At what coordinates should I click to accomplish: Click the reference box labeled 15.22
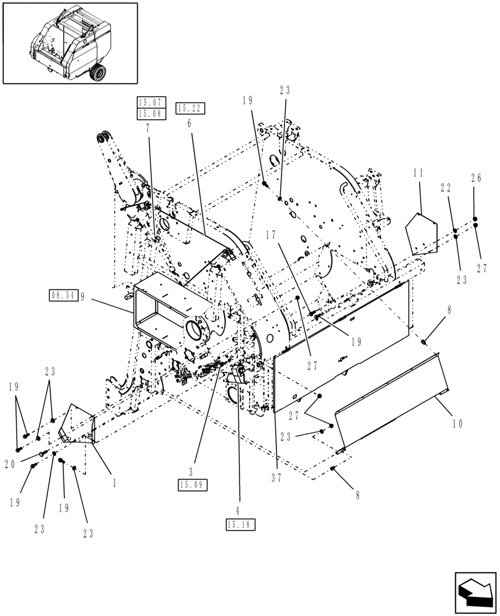click(190, 108)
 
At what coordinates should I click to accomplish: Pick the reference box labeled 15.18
click(240, 524)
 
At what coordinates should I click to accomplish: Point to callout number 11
click(418, 174)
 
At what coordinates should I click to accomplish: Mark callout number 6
click(188, 123)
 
